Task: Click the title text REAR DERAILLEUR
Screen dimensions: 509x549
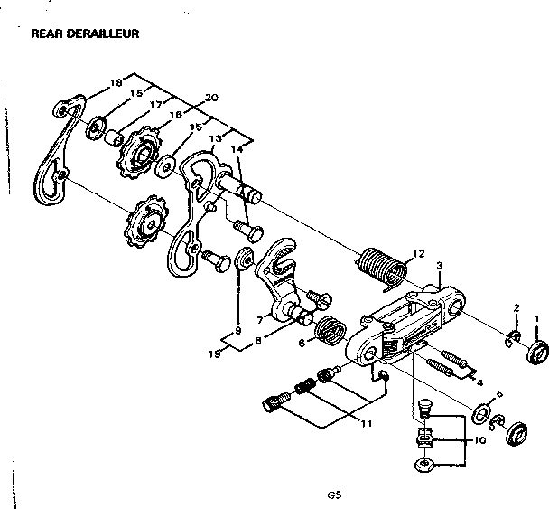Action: tap(83, 34)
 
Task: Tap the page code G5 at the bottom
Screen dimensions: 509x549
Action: tap(334, 495)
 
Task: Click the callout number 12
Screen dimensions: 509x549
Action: tap(417, 254)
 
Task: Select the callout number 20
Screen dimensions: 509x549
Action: tap(211, 98)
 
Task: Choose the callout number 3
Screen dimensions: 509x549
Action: tap(438, 266)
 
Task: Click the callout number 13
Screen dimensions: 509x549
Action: tap(215, 138)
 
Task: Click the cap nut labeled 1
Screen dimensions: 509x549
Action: tap(535, 352)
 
